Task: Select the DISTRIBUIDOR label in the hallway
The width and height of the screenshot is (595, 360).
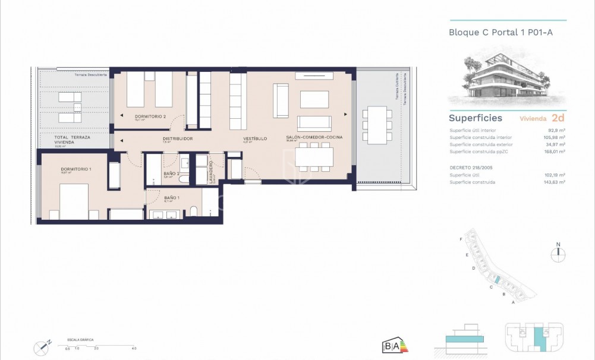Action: pos(178,138)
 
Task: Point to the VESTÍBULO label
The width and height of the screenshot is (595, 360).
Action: pos(254,138)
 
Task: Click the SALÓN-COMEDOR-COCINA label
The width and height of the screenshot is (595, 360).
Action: pos(314,137)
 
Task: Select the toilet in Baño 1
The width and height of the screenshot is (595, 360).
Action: pos(194,212)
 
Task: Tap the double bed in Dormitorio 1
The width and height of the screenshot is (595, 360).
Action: pos(67,202)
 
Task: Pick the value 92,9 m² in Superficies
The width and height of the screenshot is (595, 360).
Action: pos(556,130)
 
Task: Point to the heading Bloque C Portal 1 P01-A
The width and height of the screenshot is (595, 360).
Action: pos(500,33)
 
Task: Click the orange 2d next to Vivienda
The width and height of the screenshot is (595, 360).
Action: pos(558,118)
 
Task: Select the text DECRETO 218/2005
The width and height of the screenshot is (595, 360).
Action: pos(472,168)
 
